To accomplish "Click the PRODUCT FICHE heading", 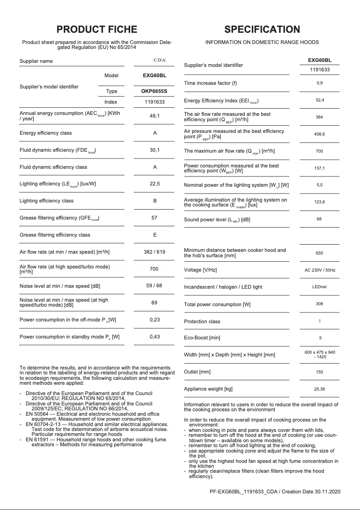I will (x=97, y=30).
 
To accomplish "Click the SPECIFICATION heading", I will (x=262, y=30).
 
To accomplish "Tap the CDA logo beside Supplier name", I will (x=159, y=60).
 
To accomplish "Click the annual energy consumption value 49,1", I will (x=154, y=116).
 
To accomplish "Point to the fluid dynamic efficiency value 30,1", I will (x=154, y=150).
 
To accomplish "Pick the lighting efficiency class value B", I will (x=154, y=201).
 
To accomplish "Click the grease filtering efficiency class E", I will (x=154, y=235).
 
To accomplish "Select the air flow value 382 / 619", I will (x=154, y=252).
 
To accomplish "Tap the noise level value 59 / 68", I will (x=154, y=286).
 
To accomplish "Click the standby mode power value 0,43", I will (x=154, y=337).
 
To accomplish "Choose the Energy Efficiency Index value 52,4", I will (x=319, y=100).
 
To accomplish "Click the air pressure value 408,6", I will (x=319, y=134).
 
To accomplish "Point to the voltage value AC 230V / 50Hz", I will (x=319, y=270).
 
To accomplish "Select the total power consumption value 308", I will (x=319, y=304).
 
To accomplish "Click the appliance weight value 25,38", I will (x=319, y=389).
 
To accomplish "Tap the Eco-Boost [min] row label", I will (x=202, y=338).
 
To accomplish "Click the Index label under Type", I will (x=111, y=102).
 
